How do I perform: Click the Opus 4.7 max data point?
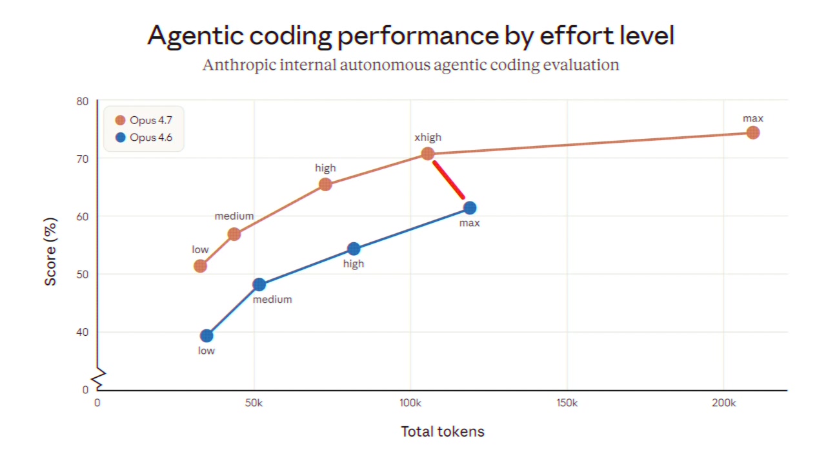[x=752, y=132]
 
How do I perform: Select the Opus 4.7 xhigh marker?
[x=427, y=153]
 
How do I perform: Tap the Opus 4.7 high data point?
[x=325, y=184]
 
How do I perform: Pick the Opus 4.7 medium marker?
[x=234, y=234]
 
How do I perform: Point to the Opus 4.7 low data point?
[x=200, y=265]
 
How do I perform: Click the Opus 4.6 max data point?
[x=470, y=207]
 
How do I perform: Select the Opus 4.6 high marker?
[x=354, y=249]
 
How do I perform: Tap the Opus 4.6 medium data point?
[x=259, y=284]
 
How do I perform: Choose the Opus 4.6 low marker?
[x=206, y=335]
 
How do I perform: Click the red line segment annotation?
[x=448, y=180]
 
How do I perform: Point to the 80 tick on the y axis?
[x=83, y=101]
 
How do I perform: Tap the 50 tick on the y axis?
[x=83, y=274]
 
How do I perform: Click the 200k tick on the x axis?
[x=723, y=403]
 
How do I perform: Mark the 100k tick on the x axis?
[x=410, y=403]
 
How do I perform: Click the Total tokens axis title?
[x=442, y=431]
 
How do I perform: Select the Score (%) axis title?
[x=51, y=252]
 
